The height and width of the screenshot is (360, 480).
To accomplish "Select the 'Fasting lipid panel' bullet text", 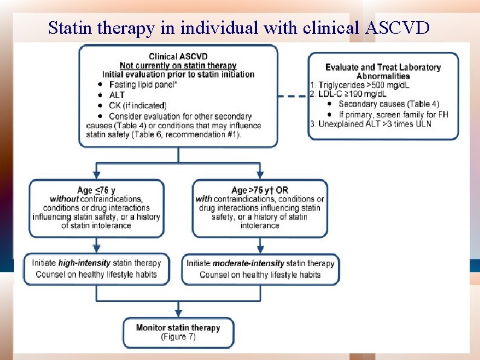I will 143,85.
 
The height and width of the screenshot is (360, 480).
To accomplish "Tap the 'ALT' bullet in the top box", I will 116,95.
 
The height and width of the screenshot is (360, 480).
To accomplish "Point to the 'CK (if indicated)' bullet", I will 137,105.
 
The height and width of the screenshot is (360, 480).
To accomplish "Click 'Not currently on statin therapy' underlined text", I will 178,65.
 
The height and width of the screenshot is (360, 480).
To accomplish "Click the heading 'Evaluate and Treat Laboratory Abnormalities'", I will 383,71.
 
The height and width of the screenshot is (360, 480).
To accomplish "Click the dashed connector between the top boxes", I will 293,97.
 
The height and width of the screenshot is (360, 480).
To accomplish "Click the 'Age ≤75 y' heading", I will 97,190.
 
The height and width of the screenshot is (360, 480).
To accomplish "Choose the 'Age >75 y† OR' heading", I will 260,190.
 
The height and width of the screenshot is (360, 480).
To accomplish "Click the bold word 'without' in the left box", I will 64,199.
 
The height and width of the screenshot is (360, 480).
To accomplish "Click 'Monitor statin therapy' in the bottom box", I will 178,328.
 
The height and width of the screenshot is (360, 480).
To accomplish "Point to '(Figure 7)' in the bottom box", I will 178,337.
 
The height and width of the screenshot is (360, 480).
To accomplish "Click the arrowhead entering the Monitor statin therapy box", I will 178,313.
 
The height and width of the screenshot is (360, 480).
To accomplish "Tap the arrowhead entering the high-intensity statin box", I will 97,249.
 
